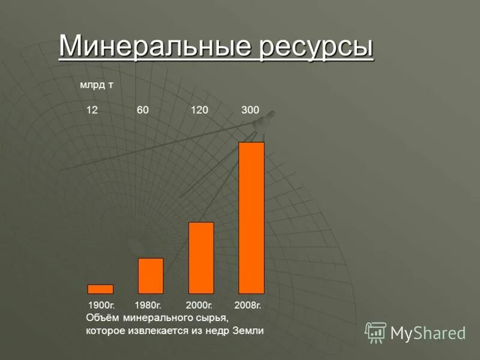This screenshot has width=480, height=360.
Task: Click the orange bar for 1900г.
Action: pyautogui.click(x=100, y=289)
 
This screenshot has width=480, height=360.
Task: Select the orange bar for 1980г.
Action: pyautogui.click(x=151, y=276)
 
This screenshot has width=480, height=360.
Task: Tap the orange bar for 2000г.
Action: pyautogui.click(x=201, y=258)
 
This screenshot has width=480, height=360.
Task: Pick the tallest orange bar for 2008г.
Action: pyautogui.click(x=251, y=218)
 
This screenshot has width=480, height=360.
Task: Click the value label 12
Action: pyautogui.click(x=92, y=110)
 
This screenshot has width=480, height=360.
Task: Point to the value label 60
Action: pyautogui.click(x=143, y=110)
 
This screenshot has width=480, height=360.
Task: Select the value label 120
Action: pyautogui.click(x=199, y=110)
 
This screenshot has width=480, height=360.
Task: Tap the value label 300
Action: pyautogui.click(x=250, y=110)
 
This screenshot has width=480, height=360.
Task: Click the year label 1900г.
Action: pyautogui.click(x=101, y=305)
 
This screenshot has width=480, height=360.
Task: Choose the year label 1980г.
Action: pyautogui.click(x=150, y=305)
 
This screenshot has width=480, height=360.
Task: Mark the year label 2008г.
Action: pyautogui.click(x=248, y=305)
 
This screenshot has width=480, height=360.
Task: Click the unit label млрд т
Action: pyautogui.click(x=97, y=85)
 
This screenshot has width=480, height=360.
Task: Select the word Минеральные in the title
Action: pyautogui.click(x=155, y=47)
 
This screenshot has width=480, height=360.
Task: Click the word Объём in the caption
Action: pyautogui.click(x=102, y=317)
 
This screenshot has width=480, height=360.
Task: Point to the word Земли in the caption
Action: pyautogui.click(x=248, y=331)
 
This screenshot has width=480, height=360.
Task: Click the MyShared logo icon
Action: pyautogui.click(x=376, y=332)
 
